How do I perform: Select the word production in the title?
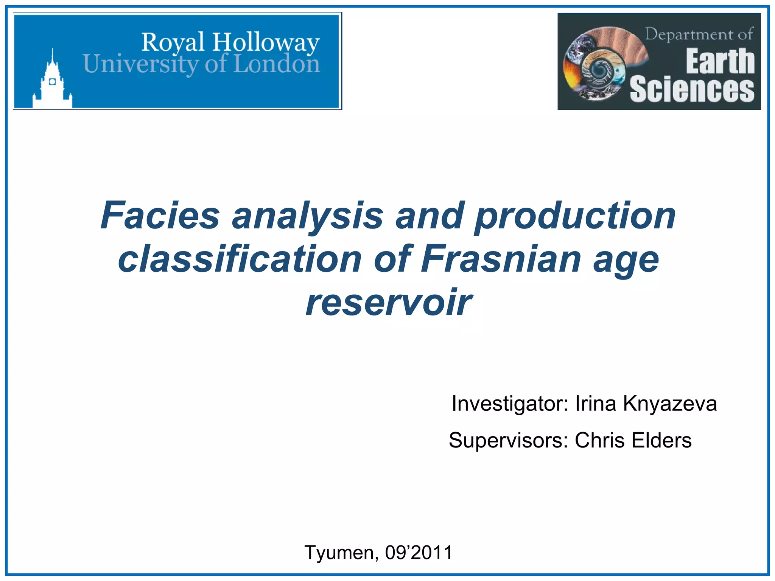575,216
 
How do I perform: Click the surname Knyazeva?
670,403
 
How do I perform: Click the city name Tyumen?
339,553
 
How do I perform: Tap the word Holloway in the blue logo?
266,42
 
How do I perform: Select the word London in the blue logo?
277,64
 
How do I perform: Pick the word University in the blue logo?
140,64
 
